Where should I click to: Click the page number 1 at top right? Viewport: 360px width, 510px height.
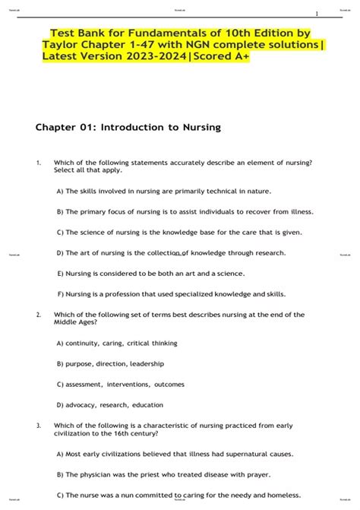coord(317,14)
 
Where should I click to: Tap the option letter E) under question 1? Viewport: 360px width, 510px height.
coord(60,272)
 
